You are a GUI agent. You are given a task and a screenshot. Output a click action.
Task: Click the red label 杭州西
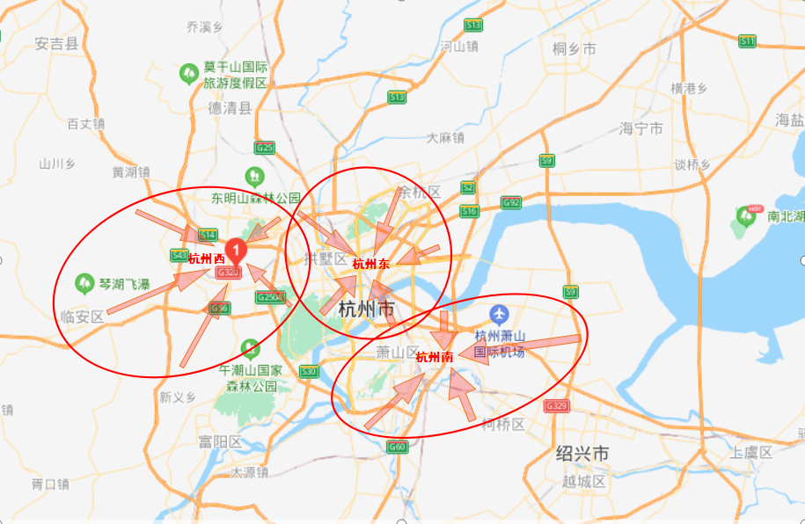point(207,258)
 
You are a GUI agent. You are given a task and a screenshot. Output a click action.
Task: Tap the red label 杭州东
point(370,263)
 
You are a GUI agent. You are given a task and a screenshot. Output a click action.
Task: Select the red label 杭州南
point(435,357)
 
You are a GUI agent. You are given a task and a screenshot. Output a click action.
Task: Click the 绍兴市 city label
point(582,454)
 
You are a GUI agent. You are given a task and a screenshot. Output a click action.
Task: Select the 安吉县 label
point(56,42)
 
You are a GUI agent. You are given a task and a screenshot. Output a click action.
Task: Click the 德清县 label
point(230,108)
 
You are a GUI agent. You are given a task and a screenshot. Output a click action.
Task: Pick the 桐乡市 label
point(574,49)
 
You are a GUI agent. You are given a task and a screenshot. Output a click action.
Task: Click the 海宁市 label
point(641,128)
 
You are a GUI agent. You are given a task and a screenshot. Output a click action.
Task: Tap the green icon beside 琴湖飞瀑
point(84,283)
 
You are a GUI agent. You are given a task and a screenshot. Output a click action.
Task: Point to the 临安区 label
point(81,316)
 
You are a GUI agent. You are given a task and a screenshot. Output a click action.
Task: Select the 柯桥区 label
point(503,425)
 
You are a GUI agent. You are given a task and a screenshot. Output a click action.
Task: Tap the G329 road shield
point(556,406)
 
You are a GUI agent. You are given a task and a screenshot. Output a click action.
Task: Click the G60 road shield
point(398,447)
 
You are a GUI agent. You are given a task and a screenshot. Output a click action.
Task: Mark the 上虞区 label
point(750,452)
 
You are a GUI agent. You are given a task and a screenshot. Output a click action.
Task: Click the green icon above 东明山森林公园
point(254,175)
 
